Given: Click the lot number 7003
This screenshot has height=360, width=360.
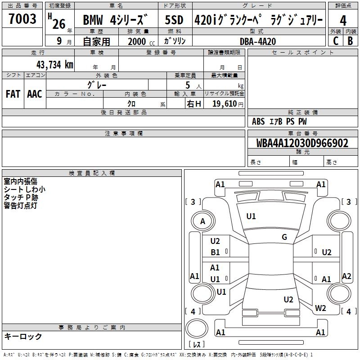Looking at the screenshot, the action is point(22,18).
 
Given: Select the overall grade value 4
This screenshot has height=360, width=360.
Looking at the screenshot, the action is point(343,21).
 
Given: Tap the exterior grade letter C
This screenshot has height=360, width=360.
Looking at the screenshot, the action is point(336,41).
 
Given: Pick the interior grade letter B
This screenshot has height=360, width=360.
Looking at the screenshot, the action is point(351,41).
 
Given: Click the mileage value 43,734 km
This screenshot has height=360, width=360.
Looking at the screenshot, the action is point(55,65).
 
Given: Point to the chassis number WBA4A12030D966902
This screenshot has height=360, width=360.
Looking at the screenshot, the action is point(302,143).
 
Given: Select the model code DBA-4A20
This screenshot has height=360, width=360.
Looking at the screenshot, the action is point(258,41).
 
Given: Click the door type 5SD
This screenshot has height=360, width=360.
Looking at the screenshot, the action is point(174,20).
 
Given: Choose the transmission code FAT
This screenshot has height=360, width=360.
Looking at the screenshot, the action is point(13,94).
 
